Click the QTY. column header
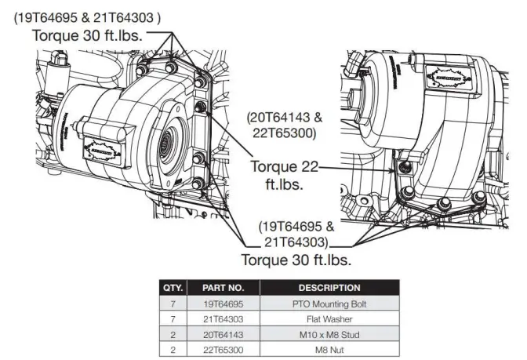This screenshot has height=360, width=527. [x=172, y=288]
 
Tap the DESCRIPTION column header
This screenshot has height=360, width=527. [x=329, y=288]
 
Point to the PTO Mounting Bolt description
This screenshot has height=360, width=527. [x=329, y=303]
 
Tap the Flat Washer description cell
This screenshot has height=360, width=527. [x=329, y=318]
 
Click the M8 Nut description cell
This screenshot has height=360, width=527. [x=329, y=349]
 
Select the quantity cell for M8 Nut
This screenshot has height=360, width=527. [x=172, y=349]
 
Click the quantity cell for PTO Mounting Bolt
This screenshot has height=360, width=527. [x=172, y=303]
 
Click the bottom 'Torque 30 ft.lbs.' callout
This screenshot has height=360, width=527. [x=296, y=259]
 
